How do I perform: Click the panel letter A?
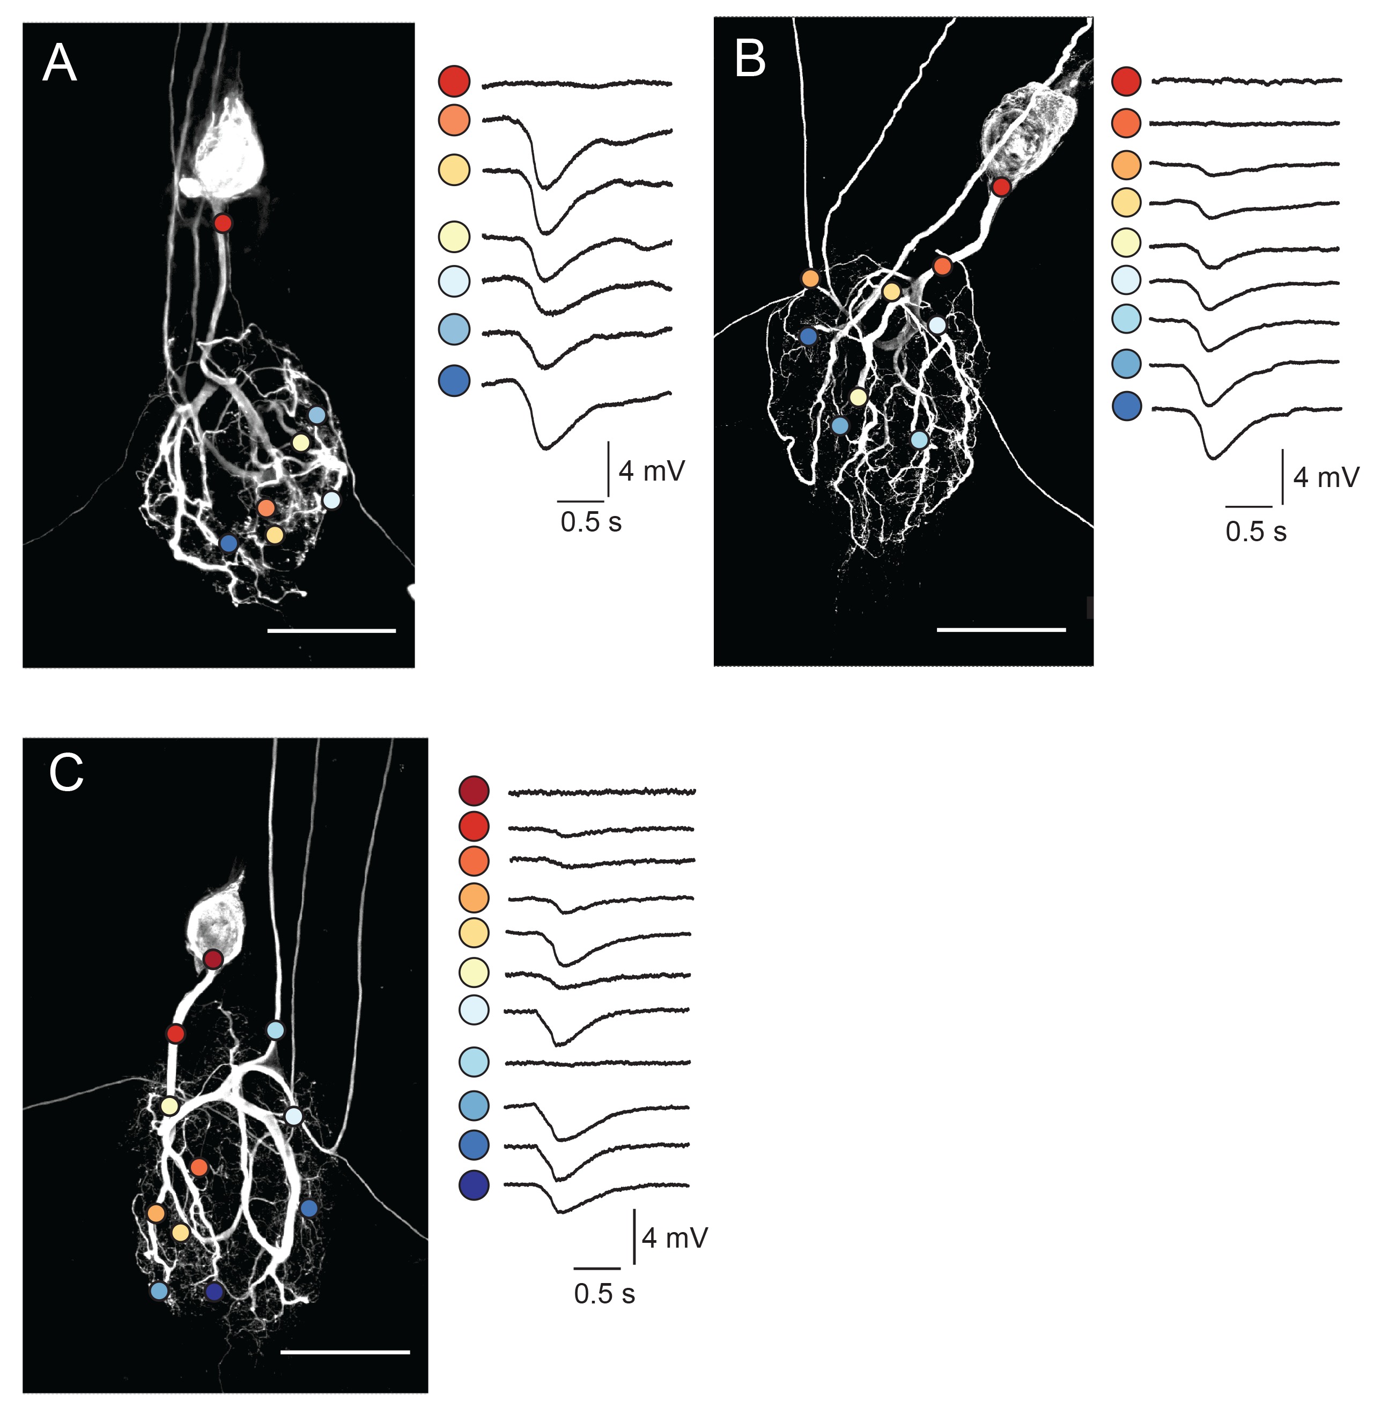click(60, 64)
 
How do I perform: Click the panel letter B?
click(750, 60)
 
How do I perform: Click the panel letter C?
click(66, 774)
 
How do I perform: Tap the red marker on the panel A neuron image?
click(223, 223)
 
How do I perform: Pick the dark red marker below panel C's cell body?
click(212, 960)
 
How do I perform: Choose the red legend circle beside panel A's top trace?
click(454, 80)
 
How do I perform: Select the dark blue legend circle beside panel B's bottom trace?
click(1126, 406)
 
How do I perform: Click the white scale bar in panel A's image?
click(331, 631)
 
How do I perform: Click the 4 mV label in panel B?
click(1326, 477)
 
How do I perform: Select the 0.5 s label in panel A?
click(590, 522)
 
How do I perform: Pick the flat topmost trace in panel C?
click(602, 792)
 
